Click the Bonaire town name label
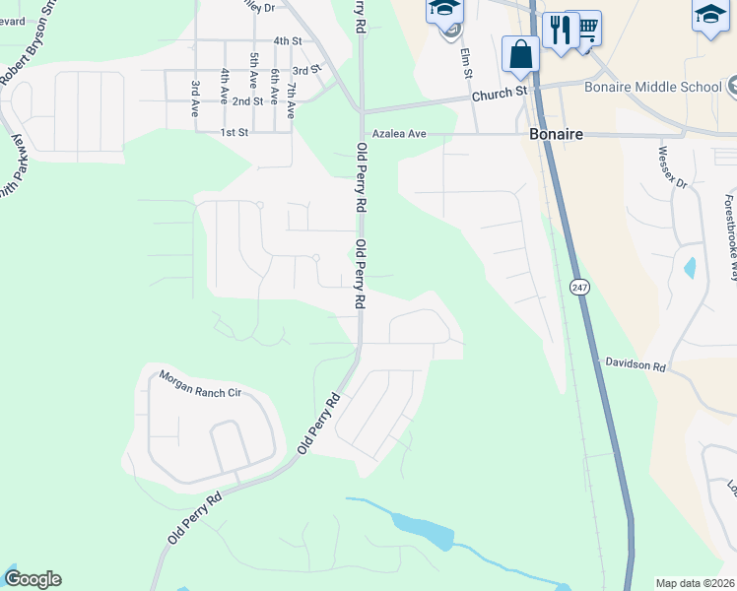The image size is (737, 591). click(x=556, y=133)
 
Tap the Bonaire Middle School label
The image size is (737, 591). click(x=653, y=87)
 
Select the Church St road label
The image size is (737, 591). click(x=499, y=94)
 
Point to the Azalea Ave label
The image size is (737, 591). click(x=398, y=133)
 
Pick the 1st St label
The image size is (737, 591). click(x=233, y=132)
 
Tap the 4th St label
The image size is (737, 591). click(x=287, y=40)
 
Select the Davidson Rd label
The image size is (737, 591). click(x=636, y=364)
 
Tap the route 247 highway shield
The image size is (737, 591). click(x=579, y=287)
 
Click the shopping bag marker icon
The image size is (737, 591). click(x=520, y=54)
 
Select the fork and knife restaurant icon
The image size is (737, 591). click(x=557, y=28)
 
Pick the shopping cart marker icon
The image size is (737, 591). click(x=587, y=28)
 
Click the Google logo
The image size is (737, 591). click(x=33, y=579)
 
